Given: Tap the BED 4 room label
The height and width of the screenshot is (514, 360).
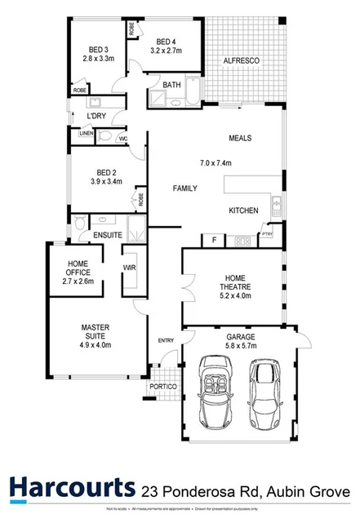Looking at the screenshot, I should pyautogui.click(x=167, y=42).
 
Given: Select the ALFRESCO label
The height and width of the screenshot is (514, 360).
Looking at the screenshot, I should pyautogui.click(x=242, y=60).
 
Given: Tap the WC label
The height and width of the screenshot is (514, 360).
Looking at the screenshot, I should pyautogui.click(x=122, y=139).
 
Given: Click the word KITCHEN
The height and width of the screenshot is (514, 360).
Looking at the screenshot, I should pyautogui.click(x=243, y=210).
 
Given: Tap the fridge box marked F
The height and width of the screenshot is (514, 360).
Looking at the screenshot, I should pyautogui.click(x=214, y=240).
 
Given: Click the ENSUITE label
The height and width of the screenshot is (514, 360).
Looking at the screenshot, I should pyautogui.click(x=107, y=236).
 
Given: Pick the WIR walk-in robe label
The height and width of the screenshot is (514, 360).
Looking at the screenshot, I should pyautogui.click(x=129, y=267).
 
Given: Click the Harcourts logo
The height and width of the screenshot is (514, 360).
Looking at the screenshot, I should pyautogui.click(x=72, y=486).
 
